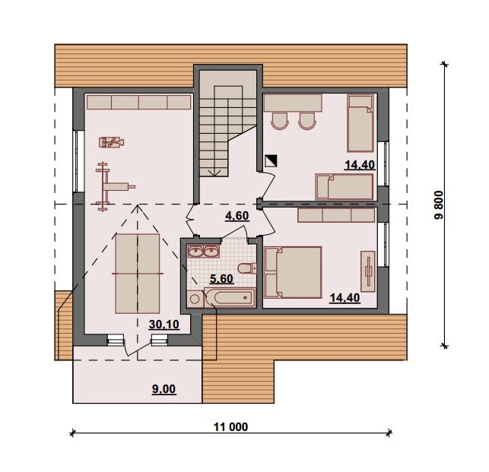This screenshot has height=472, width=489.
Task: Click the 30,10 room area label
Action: (x=164, y=325)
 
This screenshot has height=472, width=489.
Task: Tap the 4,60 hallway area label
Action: (x=237, y=215)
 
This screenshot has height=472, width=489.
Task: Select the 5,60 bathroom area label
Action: (x=221, y=279)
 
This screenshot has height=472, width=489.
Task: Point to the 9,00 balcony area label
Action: (x=164, y=389)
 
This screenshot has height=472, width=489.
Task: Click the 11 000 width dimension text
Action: (x=230, y=427)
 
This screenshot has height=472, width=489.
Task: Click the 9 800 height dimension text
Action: (x=439, y=205)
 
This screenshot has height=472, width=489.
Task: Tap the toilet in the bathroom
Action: (x=247, y=268)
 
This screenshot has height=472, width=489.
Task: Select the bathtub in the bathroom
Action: (x=230, y=297)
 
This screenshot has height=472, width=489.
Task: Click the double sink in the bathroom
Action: (x=203, y=252)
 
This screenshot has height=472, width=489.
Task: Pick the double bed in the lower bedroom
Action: (x=293, y=272)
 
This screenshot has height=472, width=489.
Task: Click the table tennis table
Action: (x=138, y=274)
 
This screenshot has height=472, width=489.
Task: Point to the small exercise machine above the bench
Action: (x=112, y=142)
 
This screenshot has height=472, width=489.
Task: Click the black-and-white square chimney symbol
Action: (x=271, y=161)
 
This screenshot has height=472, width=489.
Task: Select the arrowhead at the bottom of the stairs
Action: (x=214, y=173)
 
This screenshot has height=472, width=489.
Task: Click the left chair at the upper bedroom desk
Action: (x=279, y=121)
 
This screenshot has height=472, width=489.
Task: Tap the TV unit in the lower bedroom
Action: (x=368, y=271)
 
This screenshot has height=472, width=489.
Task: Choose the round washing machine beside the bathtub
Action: (x=195, y=299)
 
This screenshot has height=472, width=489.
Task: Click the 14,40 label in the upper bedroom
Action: (x=360, y=165)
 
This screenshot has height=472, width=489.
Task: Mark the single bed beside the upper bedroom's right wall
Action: (x=360, y=123)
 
